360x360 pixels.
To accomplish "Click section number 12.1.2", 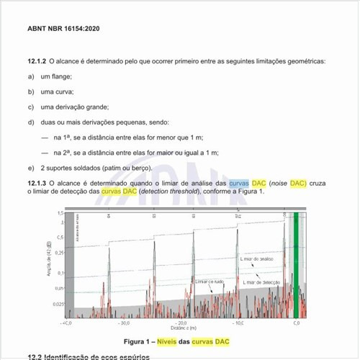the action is (37, 63).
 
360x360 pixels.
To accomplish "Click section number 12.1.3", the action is (37, 184).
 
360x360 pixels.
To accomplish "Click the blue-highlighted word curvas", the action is (239, 184).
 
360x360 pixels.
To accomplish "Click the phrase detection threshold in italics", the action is (167, 193).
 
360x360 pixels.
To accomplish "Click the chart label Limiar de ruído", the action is (210, 283).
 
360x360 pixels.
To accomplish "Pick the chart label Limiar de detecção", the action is (261, 283).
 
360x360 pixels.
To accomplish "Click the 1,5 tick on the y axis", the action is (59, 213).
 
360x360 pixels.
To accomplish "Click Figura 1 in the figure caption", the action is (141, 341).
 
